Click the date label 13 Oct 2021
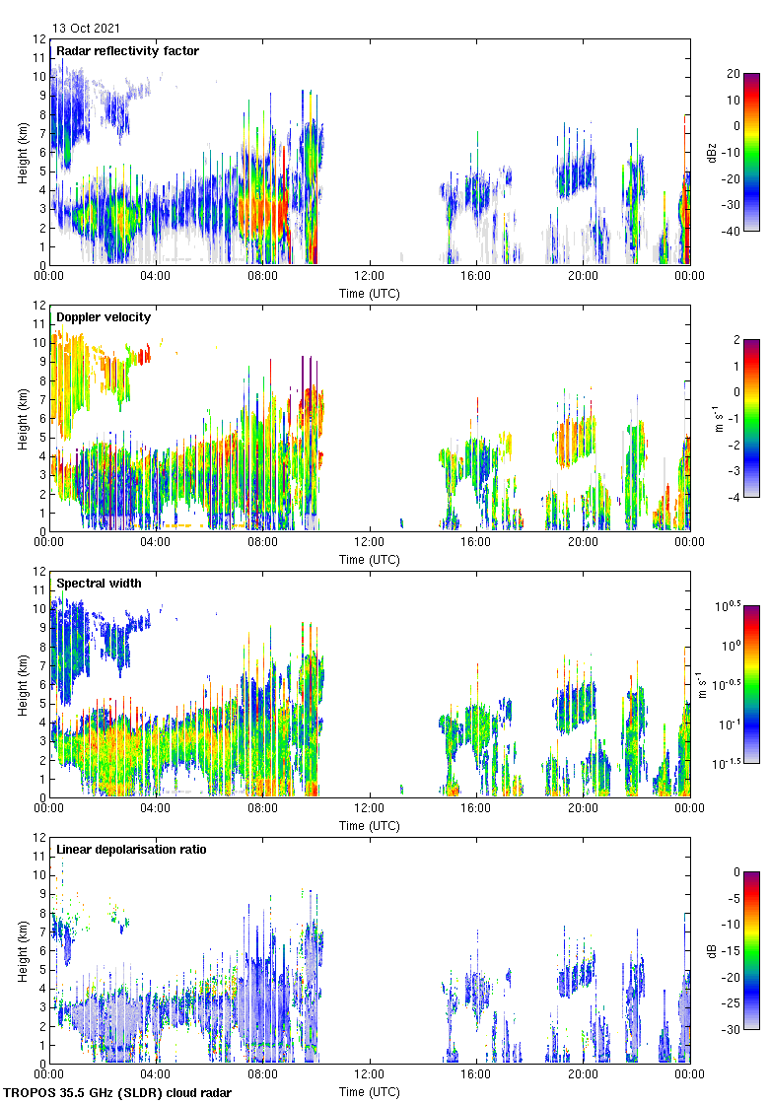[x=88, y=29]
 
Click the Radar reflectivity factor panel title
[x=127, y=50]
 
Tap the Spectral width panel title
[x=99, y=583]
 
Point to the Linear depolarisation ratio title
[x=131, y=849]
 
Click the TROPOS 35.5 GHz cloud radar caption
[x=118, y=1093]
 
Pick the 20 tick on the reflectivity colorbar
[x=734, y=73]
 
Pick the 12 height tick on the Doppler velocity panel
[x=39, y=306]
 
